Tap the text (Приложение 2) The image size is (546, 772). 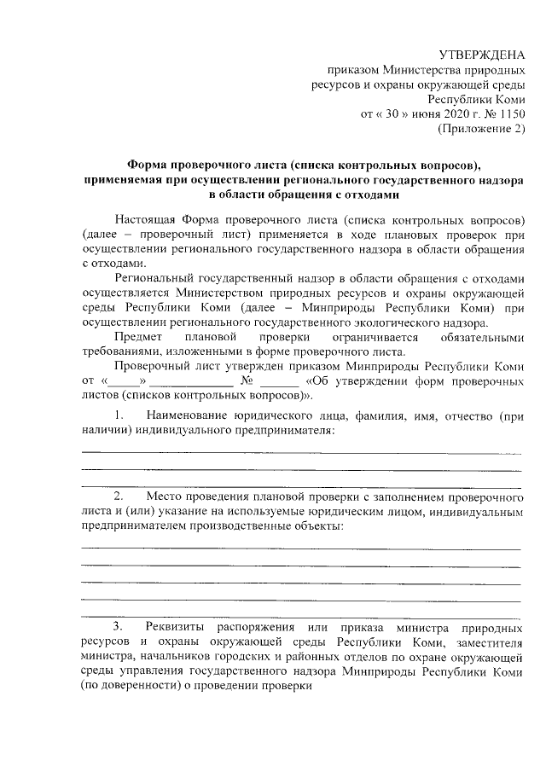tap(480, 128)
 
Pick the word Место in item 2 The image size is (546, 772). tap(164, 496)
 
